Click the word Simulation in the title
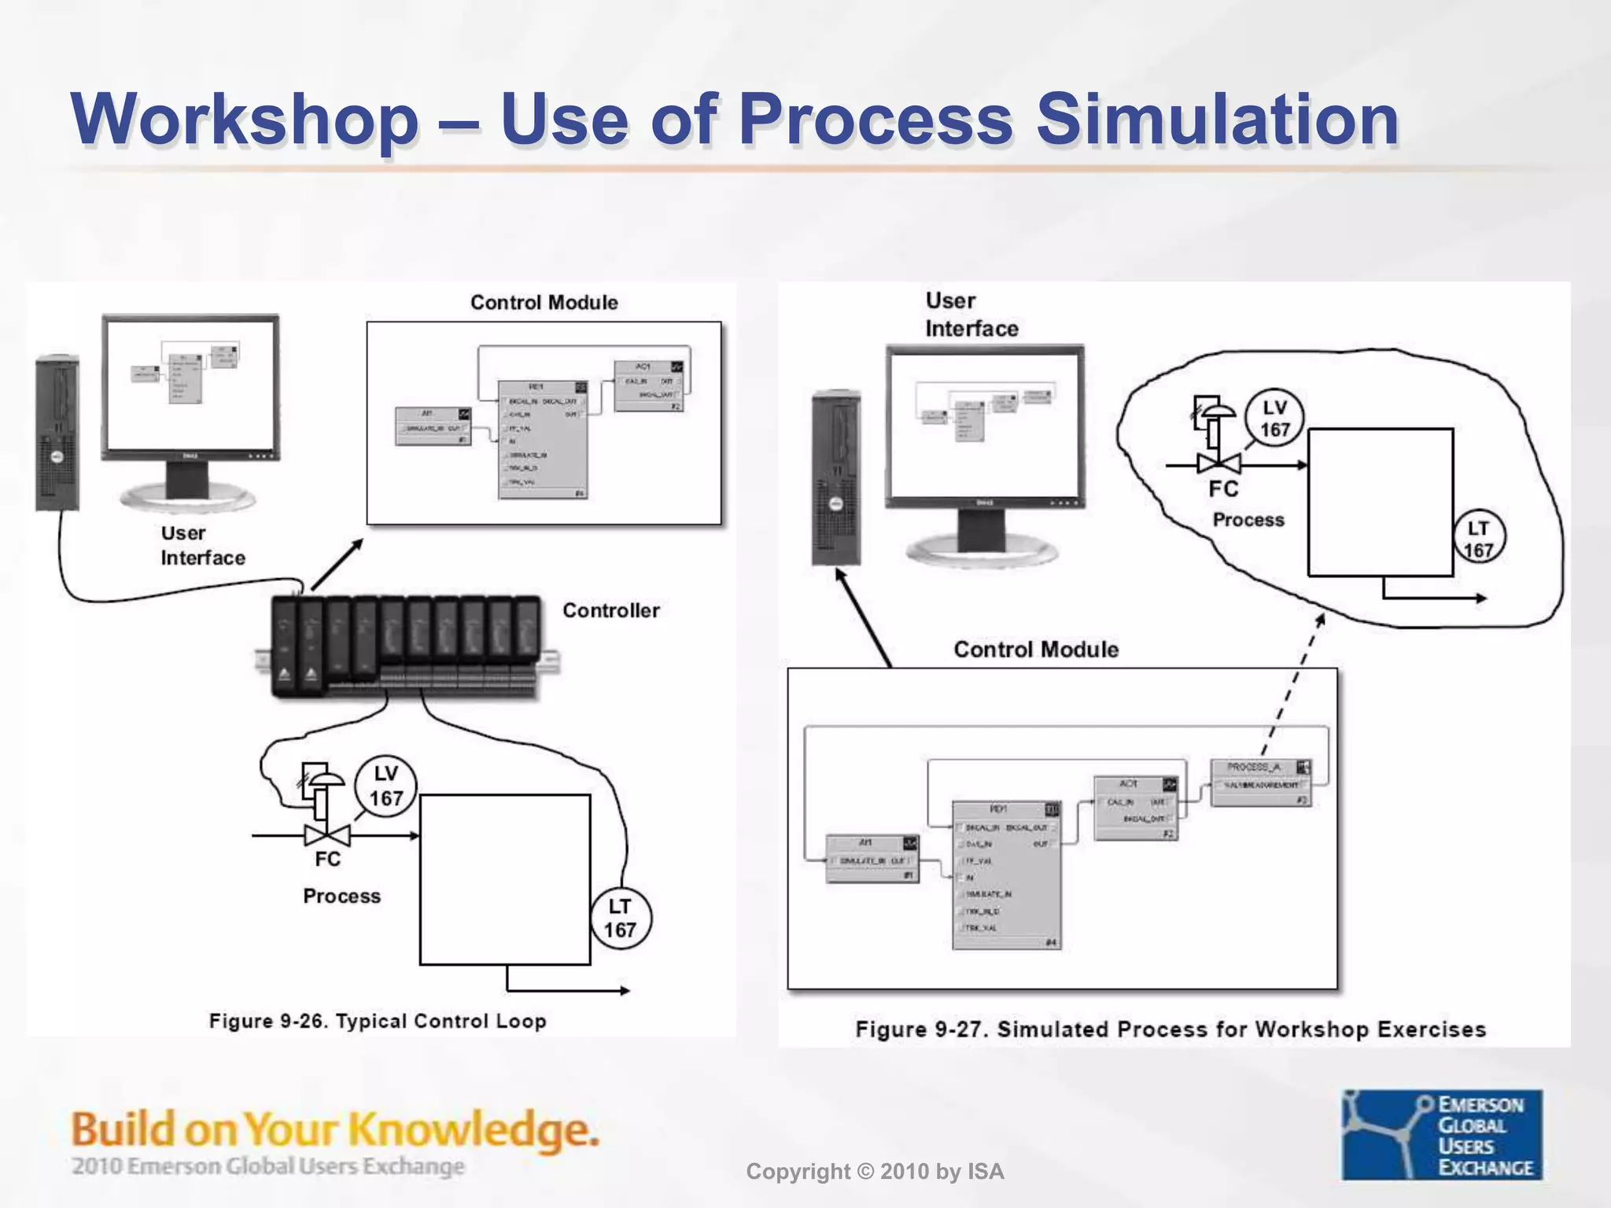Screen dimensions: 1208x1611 coord(1217,120)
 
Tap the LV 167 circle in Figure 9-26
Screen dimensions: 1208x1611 coord(385,786)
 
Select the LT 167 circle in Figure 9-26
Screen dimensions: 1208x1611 coord(620,918)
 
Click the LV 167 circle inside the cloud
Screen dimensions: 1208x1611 coord(1274,418)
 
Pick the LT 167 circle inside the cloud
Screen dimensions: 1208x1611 coord(1478,539)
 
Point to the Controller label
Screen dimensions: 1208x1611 coord(610,610)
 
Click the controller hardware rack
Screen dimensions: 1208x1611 coord(407,647)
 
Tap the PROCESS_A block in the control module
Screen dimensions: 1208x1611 coord(1260,783)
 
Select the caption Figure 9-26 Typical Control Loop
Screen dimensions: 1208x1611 coord(378,1021)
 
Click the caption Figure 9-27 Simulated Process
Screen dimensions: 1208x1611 coord(1170,1029)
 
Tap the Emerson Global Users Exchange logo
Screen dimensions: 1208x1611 coord(1442,1134)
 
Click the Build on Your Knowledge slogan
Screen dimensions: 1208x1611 coord(335,1130)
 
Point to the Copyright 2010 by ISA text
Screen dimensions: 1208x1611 coord(875,1172)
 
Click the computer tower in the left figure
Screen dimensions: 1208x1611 coord(57,433)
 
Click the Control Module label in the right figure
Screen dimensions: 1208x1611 coord(1035,650)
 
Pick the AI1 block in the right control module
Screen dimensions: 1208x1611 coord(872,859)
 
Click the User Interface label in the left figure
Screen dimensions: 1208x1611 coord(202,545)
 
